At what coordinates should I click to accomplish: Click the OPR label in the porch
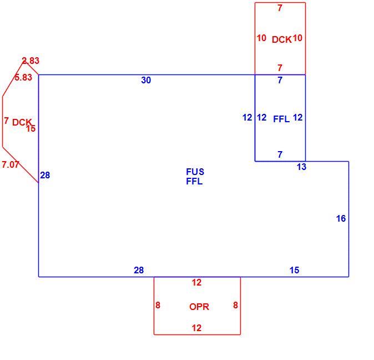click(x=199, y=307)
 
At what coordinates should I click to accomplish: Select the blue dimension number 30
click(x=146, y=80)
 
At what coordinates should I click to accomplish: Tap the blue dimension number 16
click(x=341, y=218)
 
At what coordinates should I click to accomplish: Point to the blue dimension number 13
click(x=301, y=167)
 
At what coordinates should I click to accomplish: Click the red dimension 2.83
click(x=31, y=61)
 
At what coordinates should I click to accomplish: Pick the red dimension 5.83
click(x=23, y=77)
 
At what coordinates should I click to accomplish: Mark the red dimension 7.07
click(x=11, y=164)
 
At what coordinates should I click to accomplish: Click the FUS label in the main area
click(x=195, y=172)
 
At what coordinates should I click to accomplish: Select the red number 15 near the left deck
click(x=31, y=129)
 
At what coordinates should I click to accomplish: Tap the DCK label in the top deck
click(x=282, y=39)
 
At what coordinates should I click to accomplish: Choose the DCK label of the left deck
click(x=22, y=122)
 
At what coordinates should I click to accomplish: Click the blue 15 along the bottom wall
click(x=294, y=270)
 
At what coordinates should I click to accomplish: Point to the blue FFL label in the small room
click(x=281, y=119)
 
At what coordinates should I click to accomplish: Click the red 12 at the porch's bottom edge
click(x=196, y=328)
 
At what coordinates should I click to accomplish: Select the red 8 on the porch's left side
click(x=158, y=305)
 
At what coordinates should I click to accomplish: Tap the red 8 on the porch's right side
click(x=235, y=305)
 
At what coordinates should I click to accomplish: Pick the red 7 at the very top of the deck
click(x=280, y=8)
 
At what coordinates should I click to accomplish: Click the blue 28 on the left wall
click(x=45, y=175)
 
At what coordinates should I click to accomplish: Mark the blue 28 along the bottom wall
click(x=139, y=270)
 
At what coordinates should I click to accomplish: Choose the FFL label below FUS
click(x=194, y=182)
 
